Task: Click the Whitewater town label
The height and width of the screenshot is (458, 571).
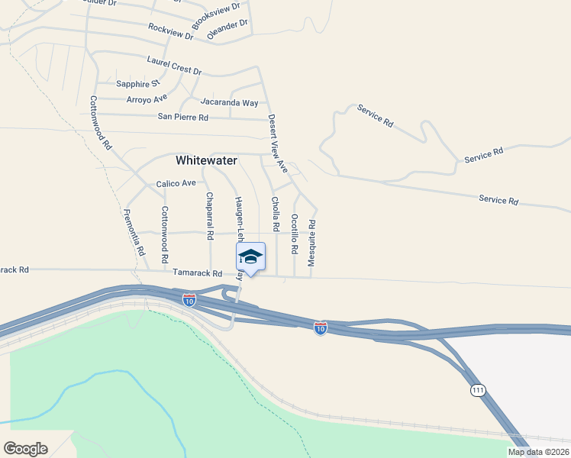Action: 206,160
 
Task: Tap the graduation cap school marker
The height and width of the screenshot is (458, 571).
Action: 250,257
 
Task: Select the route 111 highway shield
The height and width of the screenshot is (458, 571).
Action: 478,390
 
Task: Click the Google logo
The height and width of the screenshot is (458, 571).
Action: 25,449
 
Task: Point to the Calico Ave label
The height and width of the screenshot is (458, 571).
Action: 176,183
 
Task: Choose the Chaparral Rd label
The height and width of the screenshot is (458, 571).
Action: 209,214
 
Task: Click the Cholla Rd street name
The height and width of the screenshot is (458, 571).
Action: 275,214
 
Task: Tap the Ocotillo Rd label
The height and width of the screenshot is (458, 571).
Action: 294,233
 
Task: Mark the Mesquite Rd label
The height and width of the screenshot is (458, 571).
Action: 311,243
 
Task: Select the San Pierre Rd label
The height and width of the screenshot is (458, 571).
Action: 183,117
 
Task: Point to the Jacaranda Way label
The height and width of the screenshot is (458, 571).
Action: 229,102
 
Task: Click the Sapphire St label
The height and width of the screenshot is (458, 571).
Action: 137,83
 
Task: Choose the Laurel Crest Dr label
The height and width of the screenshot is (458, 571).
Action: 174,65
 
